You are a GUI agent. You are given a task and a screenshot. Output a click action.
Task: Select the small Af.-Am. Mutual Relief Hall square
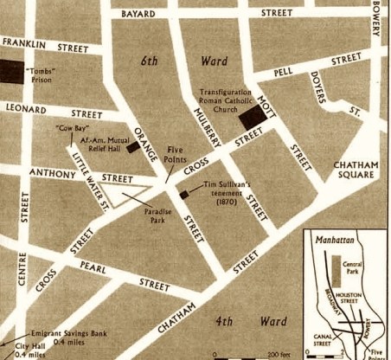[132, 148]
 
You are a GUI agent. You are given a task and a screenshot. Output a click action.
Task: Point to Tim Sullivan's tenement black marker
[183, 195]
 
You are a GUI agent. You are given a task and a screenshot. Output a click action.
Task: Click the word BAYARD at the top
[138, 14]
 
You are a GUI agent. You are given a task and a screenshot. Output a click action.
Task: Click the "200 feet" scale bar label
[279, 356]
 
